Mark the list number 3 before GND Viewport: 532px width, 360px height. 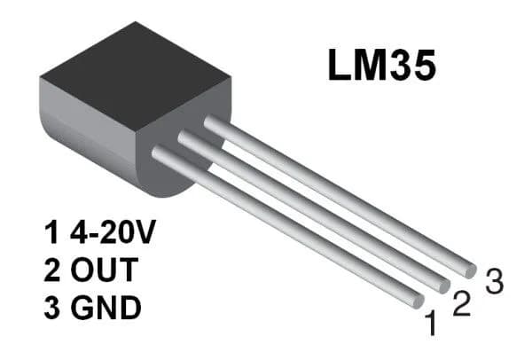pyautogui.click(x=51, y=309)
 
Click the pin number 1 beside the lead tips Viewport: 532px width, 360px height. pyautogui.click(x=432, y=325)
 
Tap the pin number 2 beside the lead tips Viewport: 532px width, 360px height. pyautogui.click(x=460, y=304)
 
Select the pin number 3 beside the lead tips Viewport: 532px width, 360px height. pyautogui.click(x=495, y=281)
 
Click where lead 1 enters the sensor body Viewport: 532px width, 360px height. pyautogui.click(x=160, y=153)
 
